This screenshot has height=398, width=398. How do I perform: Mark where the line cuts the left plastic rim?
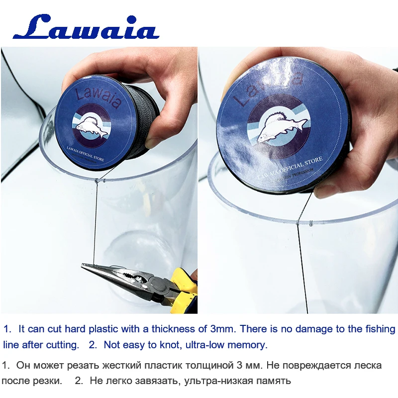click(x=95, y=180)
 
